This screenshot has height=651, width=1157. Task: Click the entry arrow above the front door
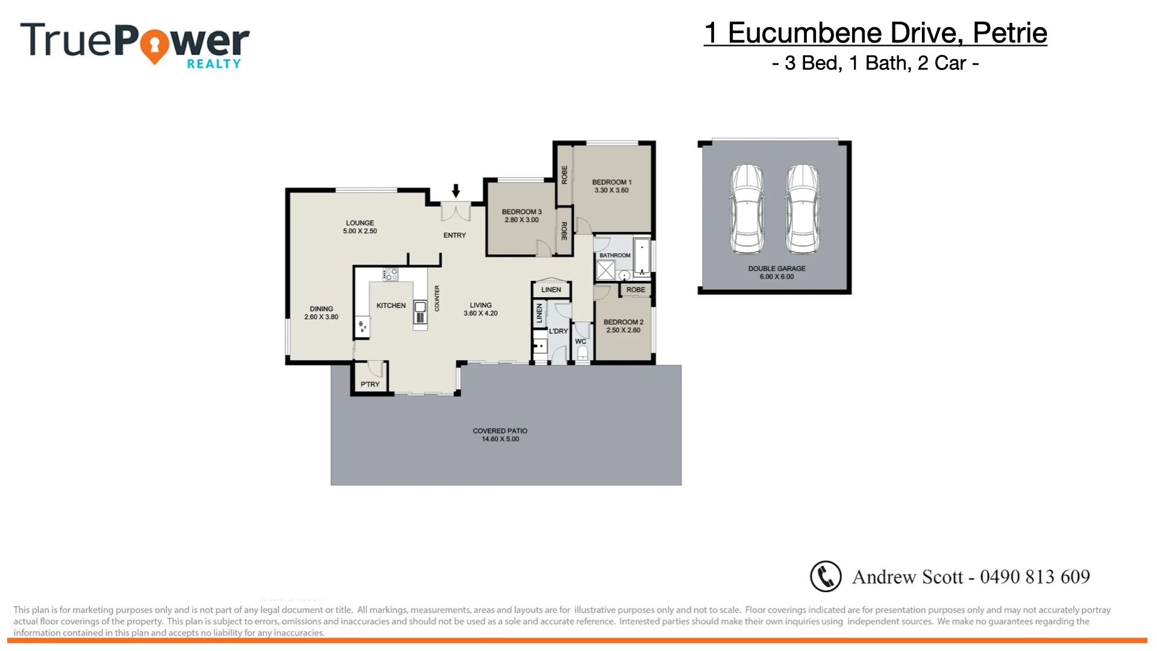456,190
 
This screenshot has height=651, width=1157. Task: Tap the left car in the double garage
747,209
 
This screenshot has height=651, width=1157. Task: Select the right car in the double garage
803,209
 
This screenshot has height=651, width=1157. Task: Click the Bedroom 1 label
612,182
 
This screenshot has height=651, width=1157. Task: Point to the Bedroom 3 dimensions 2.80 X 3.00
522,220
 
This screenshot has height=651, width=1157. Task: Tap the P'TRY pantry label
370,385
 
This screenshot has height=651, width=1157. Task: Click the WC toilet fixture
583,353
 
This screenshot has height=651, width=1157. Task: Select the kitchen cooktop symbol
390,275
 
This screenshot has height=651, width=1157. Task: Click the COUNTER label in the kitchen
437,298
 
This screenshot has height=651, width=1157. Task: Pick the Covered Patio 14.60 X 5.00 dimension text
500,439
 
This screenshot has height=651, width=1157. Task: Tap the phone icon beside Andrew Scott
825,576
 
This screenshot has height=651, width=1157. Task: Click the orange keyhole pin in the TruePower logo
155,46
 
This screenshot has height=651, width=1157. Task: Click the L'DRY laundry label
558,331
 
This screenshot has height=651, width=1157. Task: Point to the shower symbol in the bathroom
606,271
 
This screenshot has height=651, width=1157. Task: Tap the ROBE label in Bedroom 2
636,290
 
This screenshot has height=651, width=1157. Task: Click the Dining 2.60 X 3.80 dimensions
321,317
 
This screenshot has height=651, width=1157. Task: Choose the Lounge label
360,223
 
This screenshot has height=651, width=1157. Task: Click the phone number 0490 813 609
1035,577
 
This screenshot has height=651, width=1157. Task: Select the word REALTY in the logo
213,64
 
